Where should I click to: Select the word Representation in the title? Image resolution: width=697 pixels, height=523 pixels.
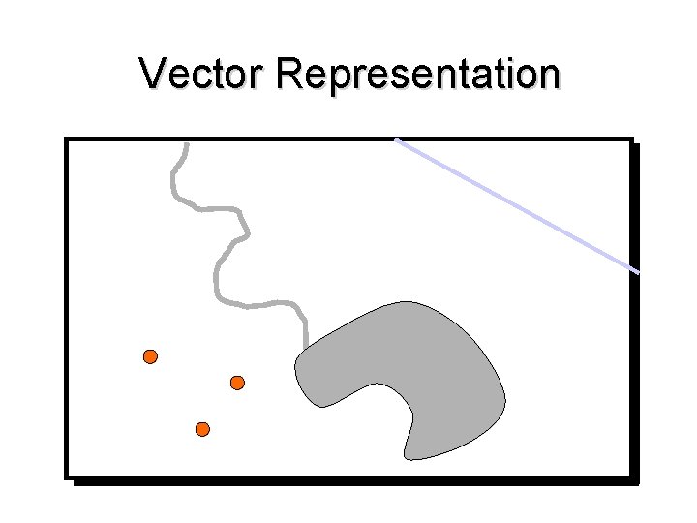tap(417, 76)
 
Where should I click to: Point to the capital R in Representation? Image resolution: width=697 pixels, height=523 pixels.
tap(288, 74)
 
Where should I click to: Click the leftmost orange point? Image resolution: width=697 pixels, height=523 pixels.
tap(150, 356)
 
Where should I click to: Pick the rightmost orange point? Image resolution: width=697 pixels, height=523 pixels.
tap(237, 383)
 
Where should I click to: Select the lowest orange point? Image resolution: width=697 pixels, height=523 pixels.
tap(202, 428)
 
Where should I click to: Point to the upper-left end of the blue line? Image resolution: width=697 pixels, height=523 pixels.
tap(396, 140)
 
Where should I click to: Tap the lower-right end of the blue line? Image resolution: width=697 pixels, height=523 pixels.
tap(638, 272)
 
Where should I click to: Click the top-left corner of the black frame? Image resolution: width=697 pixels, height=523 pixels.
tap(67, 139)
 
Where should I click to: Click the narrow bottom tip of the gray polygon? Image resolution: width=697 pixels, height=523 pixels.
tap(409, 456)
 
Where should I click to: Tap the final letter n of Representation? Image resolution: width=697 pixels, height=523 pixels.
tap(549, 76)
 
